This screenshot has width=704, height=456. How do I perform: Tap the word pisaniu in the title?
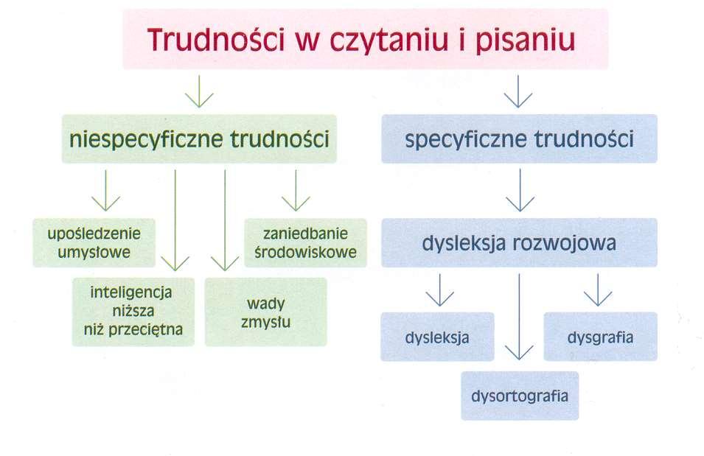[x=526, y=40]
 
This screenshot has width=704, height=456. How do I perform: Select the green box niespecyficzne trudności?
[x=199, y=138]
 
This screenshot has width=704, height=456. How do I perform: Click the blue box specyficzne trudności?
[x=520, y=138]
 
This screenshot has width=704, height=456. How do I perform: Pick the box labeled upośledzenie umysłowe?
[x=94, y=243]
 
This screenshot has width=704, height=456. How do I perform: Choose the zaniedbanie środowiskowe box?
[x=306, y=243]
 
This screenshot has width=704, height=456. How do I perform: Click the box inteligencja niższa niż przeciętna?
[x=133, y=312]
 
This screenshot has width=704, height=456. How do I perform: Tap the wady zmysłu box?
[x=266, y=312]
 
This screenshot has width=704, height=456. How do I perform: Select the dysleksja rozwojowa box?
[x=520, y=243]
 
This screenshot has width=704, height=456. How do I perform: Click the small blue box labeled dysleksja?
[x=437, y=337]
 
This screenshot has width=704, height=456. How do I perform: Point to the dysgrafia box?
[x=600, y=337]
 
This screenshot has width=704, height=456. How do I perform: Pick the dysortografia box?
[x=520, y=396]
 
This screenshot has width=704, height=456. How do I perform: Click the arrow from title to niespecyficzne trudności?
[x=199, y=91]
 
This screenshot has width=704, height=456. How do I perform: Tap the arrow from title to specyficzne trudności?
[x=518, y=91]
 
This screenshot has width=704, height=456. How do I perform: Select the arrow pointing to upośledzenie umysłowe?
[x=106, y=190]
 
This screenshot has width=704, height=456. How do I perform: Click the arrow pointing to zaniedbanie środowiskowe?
[x=296, y=190]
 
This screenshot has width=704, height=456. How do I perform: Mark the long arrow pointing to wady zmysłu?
[x=225, y=220]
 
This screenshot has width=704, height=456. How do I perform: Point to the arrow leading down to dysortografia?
[x=519, y=317]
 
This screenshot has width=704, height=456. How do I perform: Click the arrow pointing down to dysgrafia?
[x=598, y=290]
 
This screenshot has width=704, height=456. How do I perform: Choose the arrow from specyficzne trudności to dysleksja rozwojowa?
[x=520, y=190]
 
